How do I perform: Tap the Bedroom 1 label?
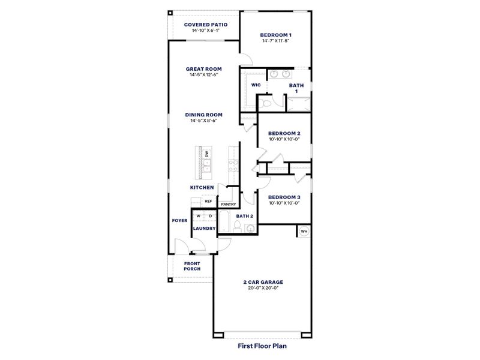coord(275,35)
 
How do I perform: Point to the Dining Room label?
coord(203,114)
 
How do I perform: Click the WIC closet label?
coord(256,86)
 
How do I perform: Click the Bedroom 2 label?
coord(284,133)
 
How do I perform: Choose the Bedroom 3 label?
coord(284,197)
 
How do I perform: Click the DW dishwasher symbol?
coord(206,155)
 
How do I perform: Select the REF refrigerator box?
coord(208,202)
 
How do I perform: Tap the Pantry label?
coord(228,204)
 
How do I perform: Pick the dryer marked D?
coord(210,216)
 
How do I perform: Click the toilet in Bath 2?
coord(238,227)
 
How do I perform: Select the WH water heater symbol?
coord(304,231)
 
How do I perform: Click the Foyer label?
coord(179,221)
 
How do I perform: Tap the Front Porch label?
coord(192,266)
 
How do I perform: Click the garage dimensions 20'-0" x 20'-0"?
coord(263,288)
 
